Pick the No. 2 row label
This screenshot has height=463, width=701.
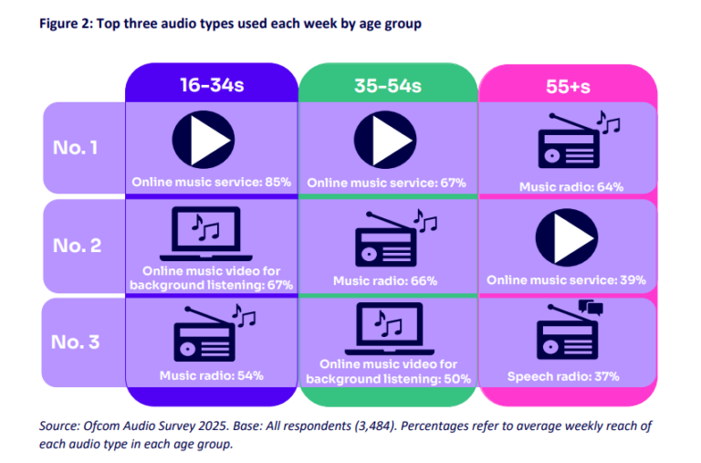(x=81, y=245)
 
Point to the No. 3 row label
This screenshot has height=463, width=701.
(x=81, y=342)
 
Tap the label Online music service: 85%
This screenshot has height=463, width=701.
(x=211, y=183)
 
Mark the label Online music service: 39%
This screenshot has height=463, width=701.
(x=566, y=279)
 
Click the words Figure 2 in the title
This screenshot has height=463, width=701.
(x=66, y=24)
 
